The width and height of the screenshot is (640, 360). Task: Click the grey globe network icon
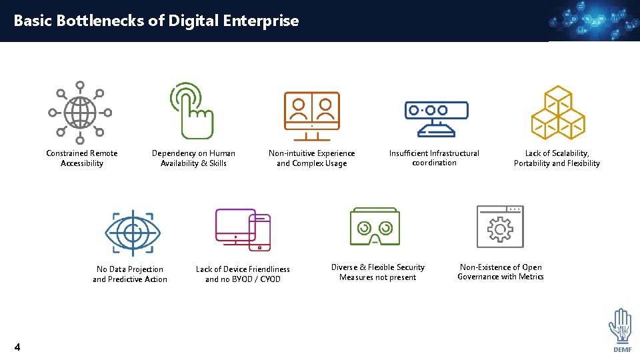click(80, 112)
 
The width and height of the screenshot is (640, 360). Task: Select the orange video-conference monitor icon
click(312, 115)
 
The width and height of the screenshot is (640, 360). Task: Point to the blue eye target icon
click(133, 233)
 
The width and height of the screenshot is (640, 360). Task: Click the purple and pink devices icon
click(243, 229)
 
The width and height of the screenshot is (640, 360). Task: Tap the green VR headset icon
click(375, 227)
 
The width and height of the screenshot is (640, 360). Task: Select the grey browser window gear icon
click(500, 227)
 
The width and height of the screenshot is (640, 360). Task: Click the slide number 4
click(17, 347)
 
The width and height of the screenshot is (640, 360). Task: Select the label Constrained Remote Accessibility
click(82, 158)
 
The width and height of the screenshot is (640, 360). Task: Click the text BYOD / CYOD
click(260, 279)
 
